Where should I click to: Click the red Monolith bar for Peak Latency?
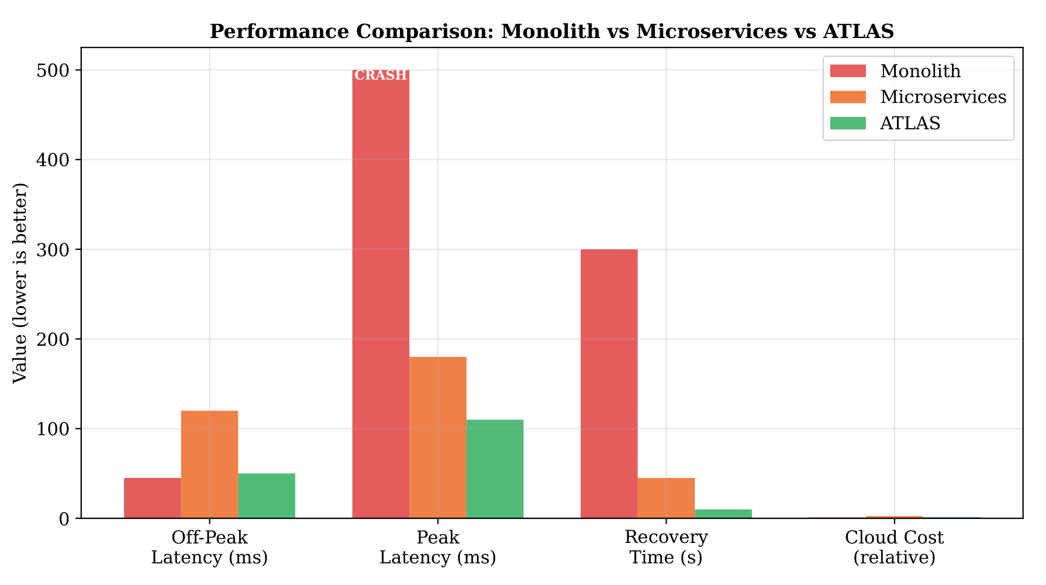pos(381,294)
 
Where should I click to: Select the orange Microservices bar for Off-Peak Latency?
pos(209,464)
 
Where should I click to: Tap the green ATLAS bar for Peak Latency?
pos(495,469)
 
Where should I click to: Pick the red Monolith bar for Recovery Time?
pos(609,384)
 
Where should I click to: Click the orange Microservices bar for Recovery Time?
pos(666,498)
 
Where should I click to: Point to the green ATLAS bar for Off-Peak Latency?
pos(267,496)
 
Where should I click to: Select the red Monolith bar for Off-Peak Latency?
pos(153,498)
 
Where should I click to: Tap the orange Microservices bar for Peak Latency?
pos(438,438)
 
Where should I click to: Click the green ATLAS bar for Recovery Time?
pos(723,514)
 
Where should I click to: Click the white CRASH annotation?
pos(381,75)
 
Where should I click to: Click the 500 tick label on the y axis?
pos(54,70)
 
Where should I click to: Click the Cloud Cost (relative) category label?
pos(895,547)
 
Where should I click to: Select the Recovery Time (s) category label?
pos(666,547)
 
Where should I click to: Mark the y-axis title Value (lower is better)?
pos(20,283)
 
